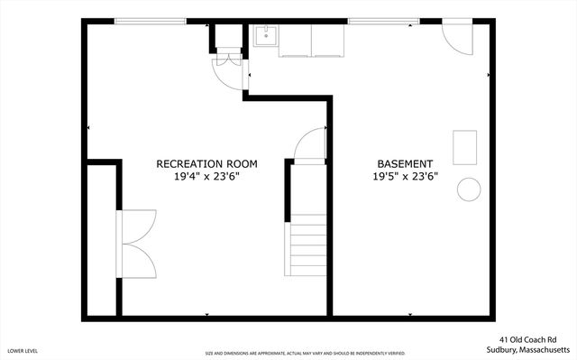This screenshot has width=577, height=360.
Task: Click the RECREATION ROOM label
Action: (206, 163)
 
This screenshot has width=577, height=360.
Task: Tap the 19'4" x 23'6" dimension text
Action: (206, 177)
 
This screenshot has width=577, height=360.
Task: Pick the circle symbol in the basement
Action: (469, 189)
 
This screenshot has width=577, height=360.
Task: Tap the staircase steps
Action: (307, 245)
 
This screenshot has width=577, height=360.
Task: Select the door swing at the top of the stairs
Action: (310, 144)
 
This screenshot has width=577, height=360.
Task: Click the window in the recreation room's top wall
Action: (144, 22)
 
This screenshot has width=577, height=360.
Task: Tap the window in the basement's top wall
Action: (376, 22)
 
